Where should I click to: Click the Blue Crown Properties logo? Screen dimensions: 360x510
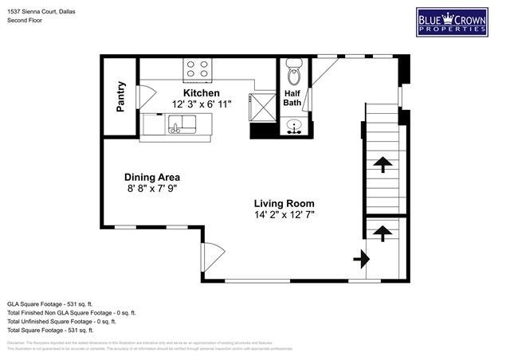pos(451,22)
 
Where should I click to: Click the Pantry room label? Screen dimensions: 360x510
pos(121,96)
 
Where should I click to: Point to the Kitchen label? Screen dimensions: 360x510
pos(201,93)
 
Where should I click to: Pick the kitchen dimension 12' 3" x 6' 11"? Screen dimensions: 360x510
pos(201,104)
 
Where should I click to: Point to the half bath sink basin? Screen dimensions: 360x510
pos(294,126)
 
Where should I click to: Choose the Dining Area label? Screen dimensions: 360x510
pos(151,177)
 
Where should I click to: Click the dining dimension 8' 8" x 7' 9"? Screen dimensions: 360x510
pos(151,189)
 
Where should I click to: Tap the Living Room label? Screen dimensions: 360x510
pos(284,203)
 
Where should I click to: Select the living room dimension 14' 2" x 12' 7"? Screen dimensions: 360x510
pos(284,215)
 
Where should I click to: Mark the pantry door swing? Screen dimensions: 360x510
pos(142,96)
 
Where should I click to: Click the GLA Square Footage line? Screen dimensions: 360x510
pos(50,303)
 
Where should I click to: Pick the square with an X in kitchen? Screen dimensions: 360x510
pos(261,104)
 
